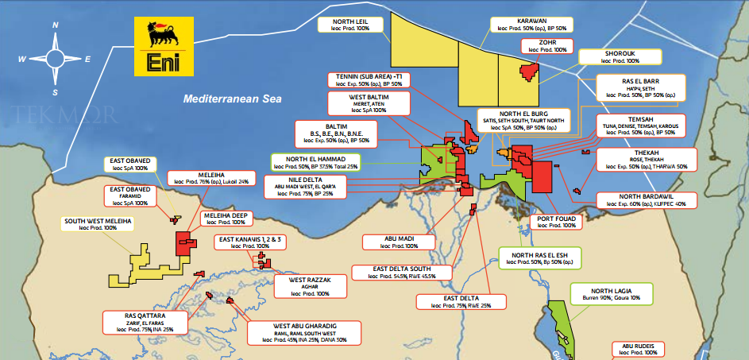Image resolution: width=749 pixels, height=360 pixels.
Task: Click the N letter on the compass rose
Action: click(x=56, y=25)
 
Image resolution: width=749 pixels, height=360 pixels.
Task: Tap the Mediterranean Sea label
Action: click(x=232, y=100)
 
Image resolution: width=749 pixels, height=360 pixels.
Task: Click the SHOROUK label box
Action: click(x=620, y=56)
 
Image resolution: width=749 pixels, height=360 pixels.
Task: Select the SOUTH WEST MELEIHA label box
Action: click(x=98, y=223)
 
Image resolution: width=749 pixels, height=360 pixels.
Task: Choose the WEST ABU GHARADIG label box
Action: click(x=299, y=332)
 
